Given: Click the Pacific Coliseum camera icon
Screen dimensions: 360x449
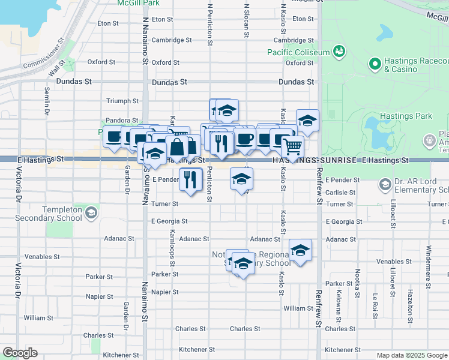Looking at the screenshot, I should [x=339, y=52].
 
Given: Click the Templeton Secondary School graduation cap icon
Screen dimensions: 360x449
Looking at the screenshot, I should [x=91, y=212].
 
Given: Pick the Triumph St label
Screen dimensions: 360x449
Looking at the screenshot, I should [x=122, y=101].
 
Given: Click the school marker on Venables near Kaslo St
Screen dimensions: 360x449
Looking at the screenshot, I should [x=300, y=250].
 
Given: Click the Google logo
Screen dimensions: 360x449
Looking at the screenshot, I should [x=20, y=353].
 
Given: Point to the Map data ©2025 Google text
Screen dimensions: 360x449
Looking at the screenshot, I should [x=411, y=355].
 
